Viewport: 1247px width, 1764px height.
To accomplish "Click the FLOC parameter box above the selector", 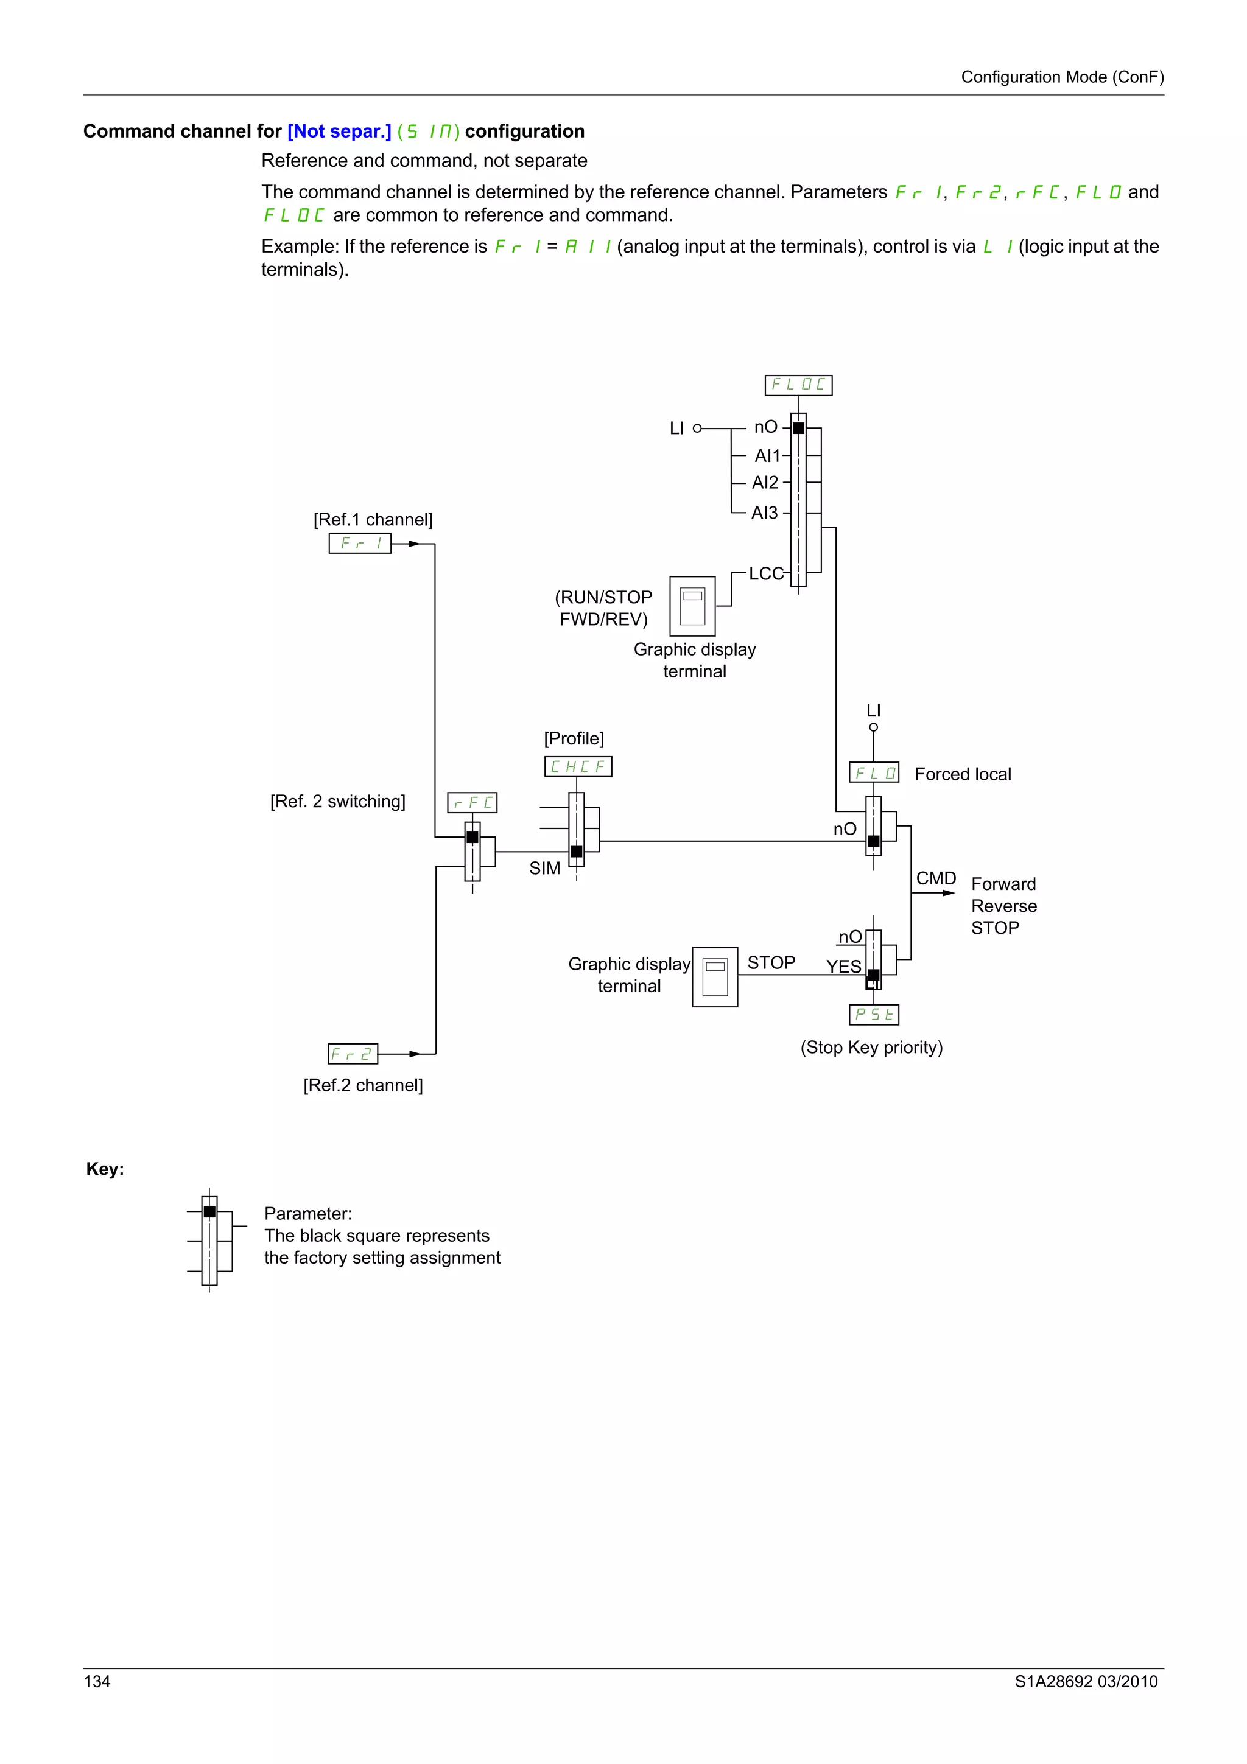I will (798, 385).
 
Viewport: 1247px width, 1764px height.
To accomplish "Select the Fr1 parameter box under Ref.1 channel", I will (360, 543).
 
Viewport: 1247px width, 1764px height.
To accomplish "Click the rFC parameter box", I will (472, 803).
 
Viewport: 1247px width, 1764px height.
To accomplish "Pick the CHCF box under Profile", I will (578, 767).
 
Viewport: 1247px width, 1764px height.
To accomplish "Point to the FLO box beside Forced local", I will (874, 773).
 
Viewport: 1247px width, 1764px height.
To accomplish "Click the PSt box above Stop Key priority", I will (874, 1015).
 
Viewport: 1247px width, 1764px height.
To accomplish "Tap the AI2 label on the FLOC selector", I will (765, 483).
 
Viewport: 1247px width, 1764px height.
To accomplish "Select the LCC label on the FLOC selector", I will (766, 574).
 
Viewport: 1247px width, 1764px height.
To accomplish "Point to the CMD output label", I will (935, 878).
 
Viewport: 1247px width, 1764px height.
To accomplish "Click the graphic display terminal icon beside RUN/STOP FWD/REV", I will (692, 606).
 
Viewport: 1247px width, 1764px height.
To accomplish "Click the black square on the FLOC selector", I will (798, 428).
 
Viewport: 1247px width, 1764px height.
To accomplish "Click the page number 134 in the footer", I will (97, 1682).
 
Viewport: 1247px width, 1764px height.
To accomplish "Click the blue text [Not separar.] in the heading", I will (339, 131).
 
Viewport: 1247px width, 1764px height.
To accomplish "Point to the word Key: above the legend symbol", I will (105, 1169).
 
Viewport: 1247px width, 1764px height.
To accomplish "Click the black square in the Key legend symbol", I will (209, 1211).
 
